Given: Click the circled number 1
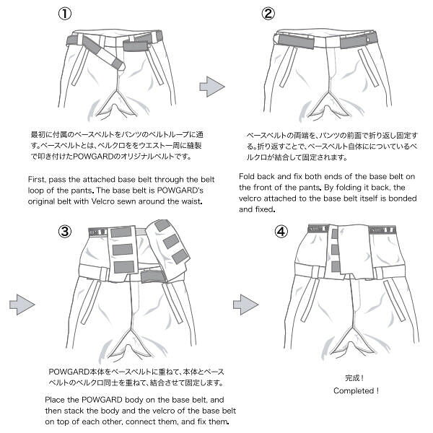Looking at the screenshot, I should point(65,14).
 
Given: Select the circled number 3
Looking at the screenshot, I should point(65,232).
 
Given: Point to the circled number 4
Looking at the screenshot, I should point(281,232).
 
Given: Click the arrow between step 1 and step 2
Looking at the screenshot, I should point(211,86).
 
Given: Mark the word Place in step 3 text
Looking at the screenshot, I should point(59,399).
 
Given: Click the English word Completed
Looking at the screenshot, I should point(354,390).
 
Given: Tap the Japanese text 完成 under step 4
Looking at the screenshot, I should point(354,378).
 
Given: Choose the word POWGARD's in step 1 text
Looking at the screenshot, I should point(174,189).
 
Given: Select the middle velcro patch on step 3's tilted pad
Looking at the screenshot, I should point(170,241).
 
